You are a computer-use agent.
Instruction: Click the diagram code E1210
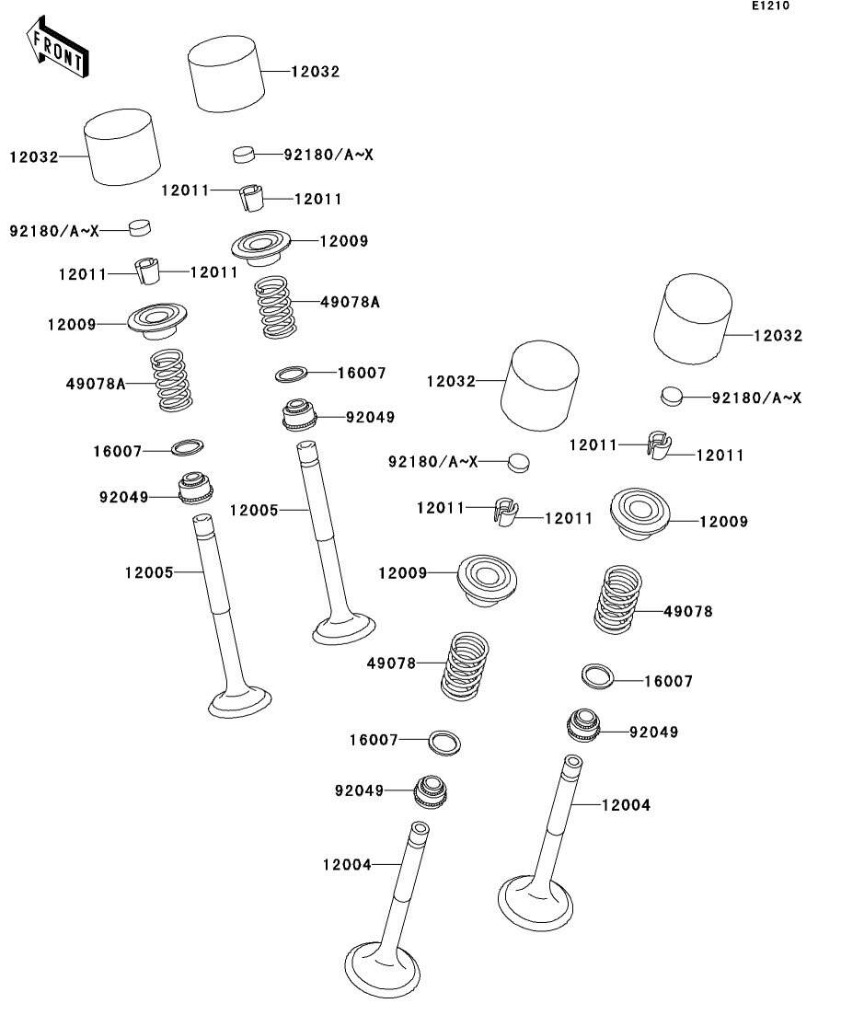tap(770, 6)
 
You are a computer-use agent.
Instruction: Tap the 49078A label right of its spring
tap(350, 301)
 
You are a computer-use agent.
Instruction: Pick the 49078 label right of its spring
tap(687, 611)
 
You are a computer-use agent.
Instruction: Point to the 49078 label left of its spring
tap(391, 663)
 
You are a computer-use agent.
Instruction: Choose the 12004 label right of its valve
tap(626, 805)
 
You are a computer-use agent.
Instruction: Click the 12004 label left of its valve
tap(347, 864)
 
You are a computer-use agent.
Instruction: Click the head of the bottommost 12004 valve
tap(383, 967)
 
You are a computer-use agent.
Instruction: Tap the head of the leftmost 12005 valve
tap(240, 703)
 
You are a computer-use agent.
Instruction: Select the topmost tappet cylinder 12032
tap(226, 72)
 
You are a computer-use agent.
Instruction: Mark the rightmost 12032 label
tap(778, 336)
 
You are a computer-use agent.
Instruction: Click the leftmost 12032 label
tap(34, 157)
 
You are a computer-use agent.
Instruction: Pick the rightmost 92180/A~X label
tap(756, 398)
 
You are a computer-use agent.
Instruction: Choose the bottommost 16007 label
tap(374, 740)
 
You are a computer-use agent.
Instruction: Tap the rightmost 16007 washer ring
tap(597, 675)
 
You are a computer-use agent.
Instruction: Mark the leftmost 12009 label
tap(72, 324)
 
